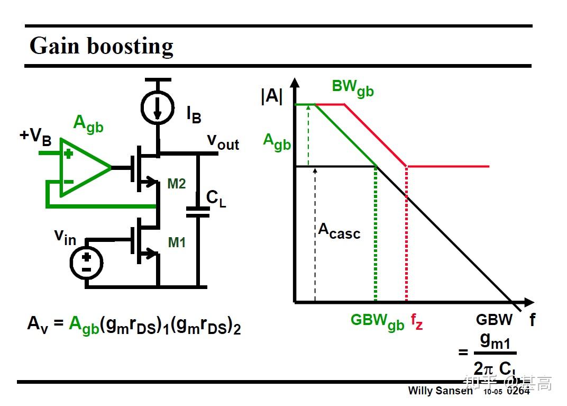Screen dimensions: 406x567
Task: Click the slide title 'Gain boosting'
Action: [102, 46]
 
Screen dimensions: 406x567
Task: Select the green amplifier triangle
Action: [82, 168]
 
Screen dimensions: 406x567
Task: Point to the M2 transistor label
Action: [177, 184]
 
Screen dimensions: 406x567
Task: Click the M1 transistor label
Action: [177, 242]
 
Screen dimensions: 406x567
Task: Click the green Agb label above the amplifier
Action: [88, 123]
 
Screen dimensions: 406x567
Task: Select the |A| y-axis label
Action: [272, 97]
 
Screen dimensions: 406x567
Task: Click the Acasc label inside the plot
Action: [339, 231]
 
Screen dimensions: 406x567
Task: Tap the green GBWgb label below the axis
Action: [377, 321]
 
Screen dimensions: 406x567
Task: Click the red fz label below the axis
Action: [417, 321]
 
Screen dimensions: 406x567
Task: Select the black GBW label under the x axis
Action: [494, 320]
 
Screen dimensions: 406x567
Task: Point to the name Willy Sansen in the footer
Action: [440, 391]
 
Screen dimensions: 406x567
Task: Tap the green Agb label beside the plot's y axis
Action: [277, 141]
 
